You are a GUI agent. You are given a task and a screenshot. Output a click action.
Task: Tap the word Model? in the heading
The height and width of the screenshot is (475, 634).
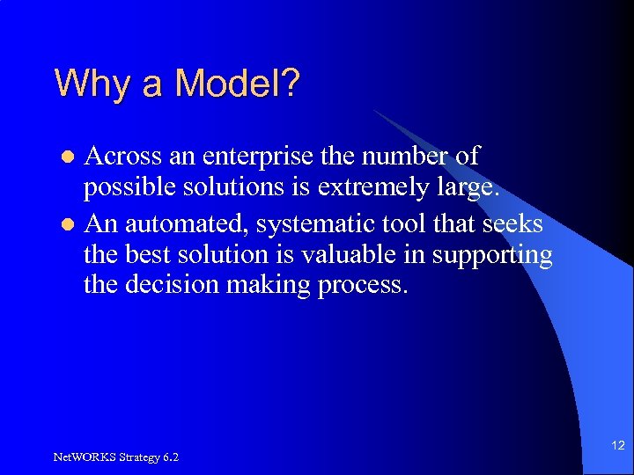click(238, 84)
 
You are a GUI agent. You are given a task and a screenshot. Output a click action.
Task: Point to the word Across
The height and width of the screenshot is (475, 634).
click(125, 157)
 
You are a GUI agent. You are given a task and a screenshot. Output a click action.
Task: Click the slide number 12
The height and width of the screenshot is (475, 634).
click(617, 447)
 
